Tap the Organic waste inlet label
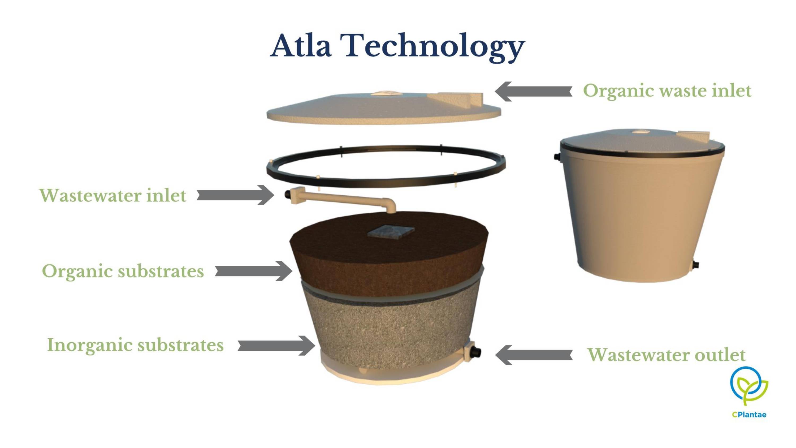[667, 91]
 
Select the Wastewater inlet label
[113, 195]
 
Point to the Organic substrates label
[123, 272]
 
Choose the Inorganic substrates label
[135, 345]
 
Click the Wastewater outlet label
[667, 355]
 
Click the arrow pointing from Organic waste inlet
[533, 92]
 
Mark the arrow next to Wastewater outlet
[534, 355]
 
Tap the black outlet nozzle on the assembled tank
[696, 265]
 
